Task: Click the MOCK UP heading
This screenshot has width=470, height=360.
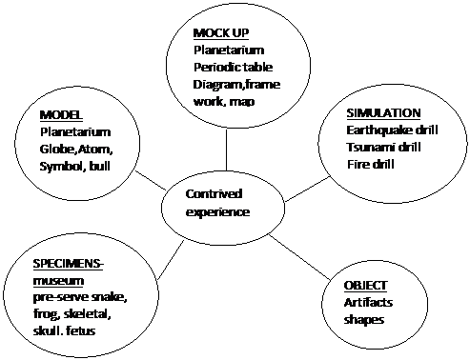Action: coord(221,33)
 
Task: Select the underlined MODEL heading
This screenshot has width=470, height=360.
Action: coord(61,115)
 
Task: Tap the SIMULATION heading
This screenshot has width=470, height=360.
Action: coord(383,113)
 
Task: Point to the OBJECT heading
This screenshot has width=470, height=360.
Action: coord(365,286)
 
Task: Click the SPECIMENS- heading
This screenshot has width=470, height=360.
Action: coord(69,264)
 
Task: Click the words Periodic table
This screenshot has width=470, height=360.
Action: coord(233,68)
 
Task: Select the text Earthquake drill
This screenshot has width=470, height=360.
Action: coord(392,130)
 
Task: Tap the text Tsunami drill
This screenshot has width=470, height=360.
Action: coord(383,148)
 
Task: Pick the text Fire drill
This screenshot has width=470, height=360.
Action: coord(371,165)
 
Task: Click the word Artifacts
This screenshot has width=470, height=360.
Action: coord(368,303)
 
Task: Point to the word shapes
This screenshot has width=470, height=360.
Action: coord(364,320)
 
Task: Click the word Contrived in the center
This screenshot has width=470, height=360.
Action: coord(214,194)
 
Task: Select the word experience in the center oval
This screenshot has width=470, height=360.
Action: coord(217,212)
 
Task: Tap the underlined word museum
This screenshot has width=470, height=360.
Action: coord(58,281)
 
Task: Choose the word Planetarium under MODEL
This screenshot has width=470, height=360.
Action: coord(75,132)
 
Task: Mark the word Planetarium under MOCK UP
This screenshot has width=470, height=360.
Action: coord(229,50)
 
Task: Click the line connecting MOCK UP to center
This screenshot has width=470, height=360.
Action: coord(226,150)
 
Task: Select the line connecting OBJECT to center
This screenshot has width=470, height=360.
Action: coord(299,257)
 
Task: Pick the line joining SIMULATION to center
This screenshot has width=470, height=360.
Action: coord(308,190)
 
